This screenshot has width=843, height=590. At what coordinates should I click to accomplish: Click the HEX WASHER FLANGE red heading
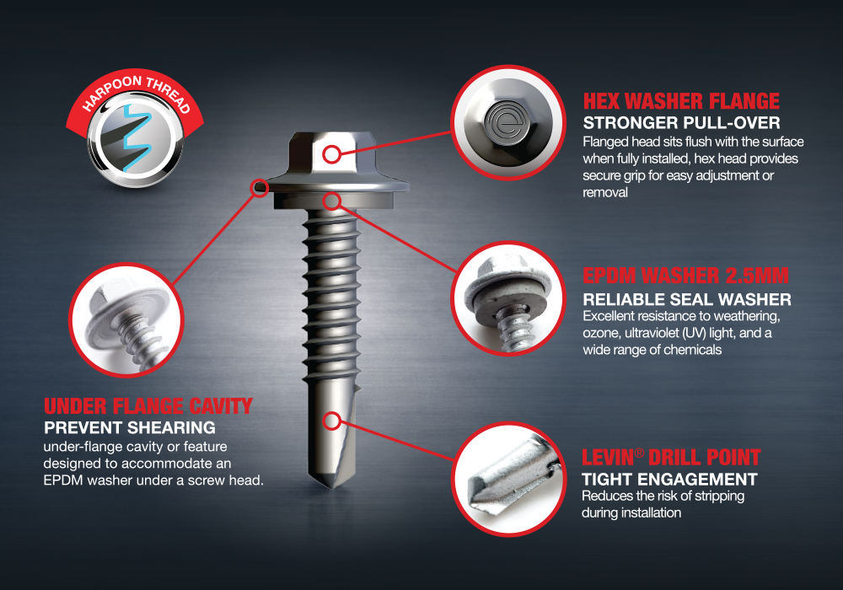(681, 101)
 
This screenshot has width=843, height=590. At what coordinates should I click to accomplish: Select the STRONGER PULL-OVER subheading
(681, 123)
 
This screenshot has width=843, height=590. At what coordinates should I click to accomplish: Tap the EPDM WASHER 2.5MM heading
(685, 276)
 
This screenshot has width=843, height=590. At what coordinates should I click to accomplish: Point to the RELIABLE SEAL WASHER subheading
(687, 299)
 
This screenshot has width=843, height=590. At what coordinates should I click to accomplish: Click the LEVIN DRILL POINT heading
(671, 458)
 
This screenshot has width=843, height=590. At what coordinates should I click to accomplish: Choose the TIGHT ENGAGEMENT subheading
(669, 480)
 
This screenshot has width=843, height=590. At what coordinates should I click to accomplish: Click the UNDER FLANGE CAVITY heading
(148, 406)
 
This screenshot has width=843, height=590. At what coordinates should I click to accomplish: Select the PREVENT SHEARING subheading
(130, 427)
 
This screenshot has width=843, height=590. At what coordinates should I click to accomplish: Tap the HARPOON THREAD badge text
(136, 91)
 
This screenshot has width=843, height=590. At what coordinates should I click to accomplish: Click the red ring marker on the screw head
(331, 155)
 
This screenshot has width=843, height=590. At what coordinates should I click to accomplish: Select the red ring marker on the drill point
(332, 421)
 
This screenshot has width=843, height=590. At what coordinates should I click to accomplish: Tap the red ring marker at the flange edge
(260, 188)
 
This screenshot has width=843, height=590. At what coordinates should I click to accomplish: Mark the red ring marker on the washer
(332, 201)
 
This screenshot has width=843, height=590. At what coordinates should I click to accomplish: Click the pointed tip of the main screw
(331, 489)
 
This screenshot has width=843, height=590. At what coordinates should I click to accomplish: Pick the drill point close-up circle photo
(508, 479)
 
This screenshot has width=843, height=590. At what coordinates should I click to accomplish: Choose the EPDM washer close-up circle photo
(508, 298)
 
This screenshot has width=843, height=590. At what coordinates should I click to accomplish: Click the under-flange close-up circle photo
(127, 320)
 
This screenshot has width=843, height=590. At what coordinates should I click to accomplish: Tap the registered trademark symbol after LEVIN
(639, 453)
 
